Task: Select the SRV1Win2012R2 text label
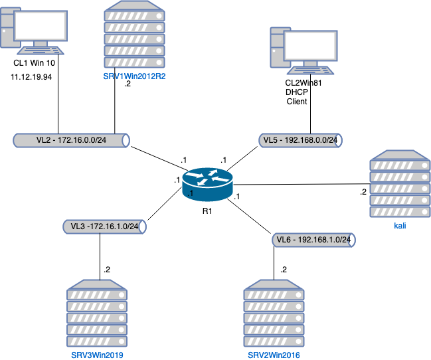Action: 134,76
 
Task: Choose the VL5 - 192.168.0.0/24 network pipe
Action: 300,140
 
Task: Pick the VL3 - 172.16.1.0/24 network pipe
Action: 104,226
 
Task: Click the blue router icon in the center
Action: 207,183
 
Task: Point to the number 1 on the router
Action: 191,193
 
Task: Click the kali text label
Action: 400,226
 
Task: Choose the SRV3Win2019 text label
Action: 98,355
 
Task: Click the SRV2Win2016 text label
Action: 274,355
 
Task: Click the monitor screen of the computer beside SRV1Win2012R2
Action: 41,25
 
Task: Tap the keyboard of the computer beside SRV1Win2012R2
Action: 41,50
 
